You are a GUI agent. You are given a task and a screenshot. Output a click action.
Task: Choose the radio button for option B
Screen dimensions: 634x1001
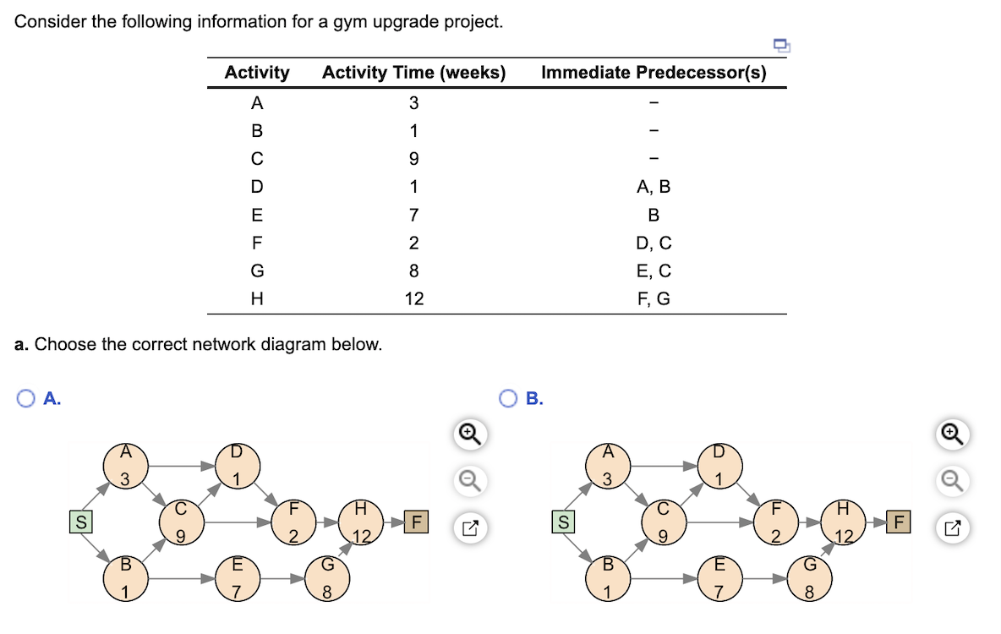[x=509, y=398]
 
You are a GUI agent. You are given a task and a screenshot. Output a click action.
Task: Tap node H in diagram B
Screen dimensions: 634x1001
[x=840, y=522]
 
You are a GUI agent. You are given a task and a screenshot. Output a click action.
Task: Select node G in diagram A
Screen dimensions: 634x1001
[x=325, y=578]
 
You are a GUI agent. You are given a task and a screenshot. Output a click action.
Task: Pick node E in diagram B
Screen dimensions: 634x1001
[x=719, y=578]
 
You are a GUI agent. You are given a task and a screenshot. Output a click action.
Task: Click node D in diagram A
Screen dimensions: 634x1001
[x=237, y=465]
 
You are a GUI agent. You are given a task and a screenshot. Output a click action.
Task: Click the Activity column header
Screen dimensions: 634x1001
[x=257, y=73]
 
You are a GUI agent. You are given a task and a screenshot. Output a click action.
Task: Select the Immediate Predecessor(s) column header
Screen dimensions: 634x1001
[x=654, y=73]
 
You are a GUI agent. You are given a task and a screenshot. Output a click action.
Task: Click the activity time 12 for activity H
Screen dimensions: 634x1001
[x=414, y=299]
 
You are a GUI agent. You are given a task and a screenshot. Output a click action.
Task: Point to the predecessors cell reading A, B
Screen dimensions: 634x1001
[x=654, y=187]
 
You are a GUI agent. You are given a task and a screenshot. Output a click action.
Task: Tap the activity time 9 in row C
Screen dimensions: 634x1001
[x=414, y=159]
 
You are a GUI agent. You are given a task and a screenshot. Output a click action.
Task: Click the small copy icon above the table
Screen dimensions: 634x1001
[x=780, y=46]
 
